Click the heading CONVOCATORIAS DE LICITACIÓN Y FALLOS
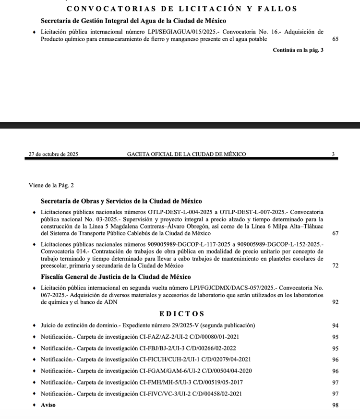(182, 9)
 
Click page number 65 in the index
(335, 39)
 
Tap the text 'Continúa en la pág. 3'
(298, 50)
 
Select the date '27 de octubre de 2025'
(53, 154)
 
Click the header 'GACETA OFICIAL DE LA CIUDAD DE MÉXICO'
(186, 154)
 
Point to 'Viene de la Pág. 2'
(51, 185)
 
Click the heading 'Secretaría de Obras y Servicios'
(121, 201)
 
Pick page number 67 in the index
(335, 233)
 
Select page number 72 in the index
(335, 265)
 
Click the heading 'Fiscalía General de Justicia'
(116, 277)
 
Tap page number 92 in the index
(335, 302)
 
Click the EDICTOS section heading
(182, 314)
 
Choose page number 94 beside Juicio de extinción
(335, 325)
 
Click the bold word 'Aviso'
(48, 405)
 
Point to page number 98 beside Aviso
(335, 405)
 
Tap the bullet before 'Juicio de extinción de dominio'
(34, 325)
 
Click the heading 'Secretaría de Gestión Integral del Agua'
(133, 21)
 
